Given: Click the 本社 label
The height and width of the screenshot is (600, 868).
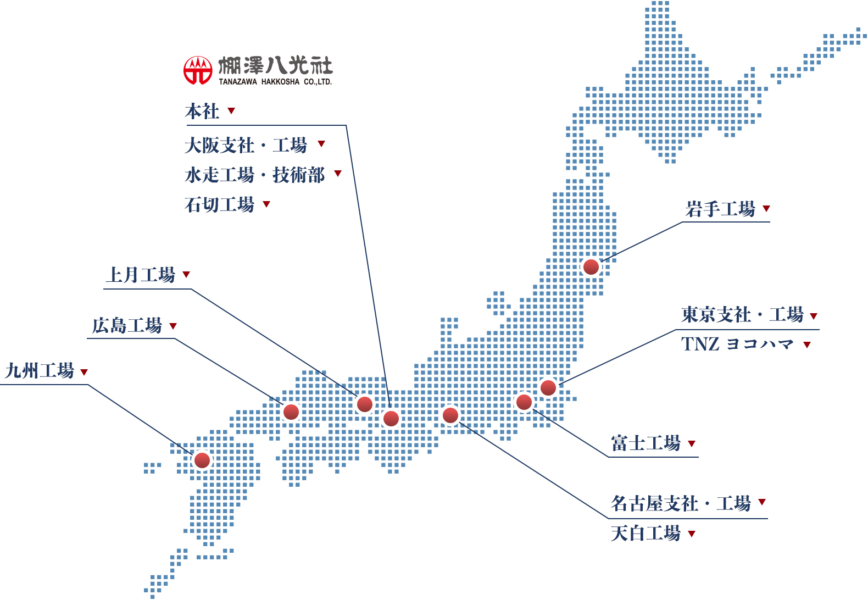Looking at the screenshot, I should [x=202, y=112].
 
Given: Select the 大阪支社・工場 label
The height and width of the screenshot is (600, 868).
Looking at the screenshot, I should [x=246, y=146].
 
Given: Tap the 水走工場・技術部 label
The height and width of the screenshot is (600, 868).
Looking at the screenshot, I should [x=255, y=175].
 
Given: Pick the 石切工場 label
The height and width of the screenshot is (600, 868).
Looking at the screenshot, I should [x=220, y=205].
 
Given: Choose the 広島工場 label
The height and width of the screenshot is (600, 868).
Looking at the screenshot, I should [x=127, y=326].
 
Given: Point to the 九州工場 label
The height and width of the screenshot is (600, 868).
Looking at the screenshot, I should [x=40, y=371].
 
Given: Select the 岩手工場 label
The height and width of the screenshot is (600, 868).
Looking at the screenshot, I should [x=720, y=209].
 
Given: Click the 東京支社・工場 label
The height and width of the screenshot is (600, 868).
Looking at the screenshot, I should [x=742, y=315].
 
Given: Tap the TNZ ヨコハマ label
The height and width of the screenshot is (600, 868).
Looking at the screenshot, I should [x=737, y=345].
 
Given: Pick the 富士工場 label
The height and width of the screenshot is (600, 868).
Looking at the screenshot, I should [x=646, y=443].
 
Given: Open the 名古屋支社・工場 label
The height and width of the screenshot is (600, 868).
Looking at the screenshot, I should [x=681, y=503].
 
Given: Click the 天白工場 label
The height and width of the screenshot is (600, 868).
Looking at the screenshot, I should [x=646, y=534].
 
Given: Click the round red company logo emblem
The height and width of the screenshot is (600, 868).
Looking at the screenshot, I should [x=198, y=70].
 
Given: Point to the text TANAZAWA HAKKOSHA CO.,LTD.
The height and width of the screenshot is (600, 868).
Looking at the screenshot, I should [x=275, y=82].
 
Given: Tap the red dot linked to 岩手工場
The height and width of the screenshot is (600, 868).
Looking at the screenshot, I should [x=591, y=267].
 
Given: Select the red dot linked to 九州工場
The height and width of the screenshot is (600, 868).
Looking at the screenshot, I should [x=202, y=460].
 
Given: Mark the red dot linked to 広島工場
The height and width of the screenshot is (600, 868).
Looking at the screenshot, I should [x=291, y=412].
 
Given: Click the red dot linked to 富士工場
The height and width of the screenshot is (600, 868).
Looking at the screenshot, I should [x=524, y=402].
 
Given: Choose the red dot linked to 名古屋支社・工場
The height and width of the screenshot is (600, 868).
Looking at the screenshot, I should [x=450, y=415].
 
